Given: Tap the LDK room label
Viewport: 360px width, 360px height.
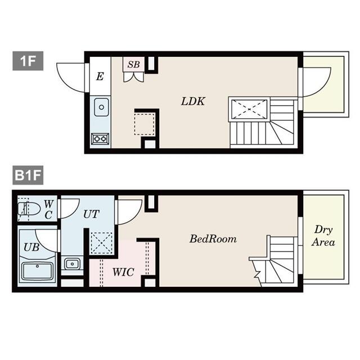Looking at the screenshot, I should (193, 102).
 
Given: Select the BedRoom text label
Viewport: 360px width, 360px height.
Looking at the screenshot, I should (213, 238).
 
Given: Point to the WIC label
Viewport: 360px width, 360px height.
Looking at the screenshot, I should (123, 272).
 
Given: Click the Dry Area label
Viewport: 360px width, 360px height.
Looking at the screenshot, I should (324, 236).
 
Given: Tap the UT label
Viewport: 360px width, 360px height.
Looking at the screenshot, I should (92, 213).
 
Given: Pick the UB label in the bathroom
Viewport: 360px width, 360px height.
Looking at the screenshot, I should (30, 246).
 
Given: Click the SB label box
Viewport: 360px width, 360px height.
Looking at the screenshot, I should (133, 64).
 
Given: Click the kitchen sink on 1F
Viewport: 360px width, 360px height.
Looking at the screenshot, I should (101, 105).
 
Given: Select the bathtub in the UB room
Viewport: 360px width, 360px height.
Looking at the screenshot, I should (38, 271).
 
